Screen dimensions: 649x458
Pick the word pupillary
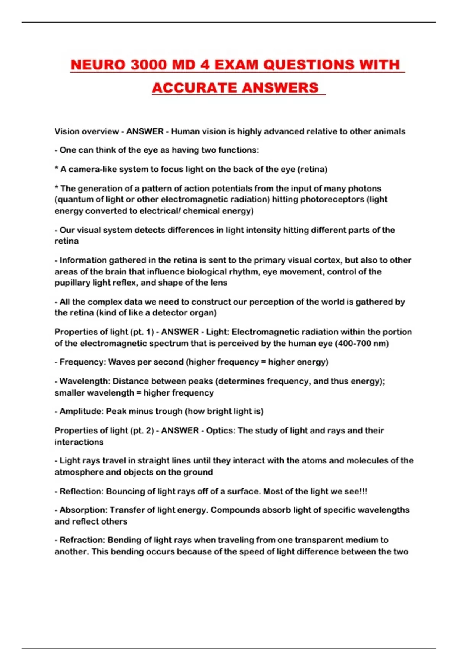click(x=71, y=283)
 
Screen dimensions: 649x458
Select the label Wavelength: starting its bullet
click(x=85, y=381)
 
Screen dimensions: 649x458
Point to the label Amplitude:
click(x=81, y=411)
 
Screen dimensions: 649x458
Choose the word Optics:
click(x=221, y=430)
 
